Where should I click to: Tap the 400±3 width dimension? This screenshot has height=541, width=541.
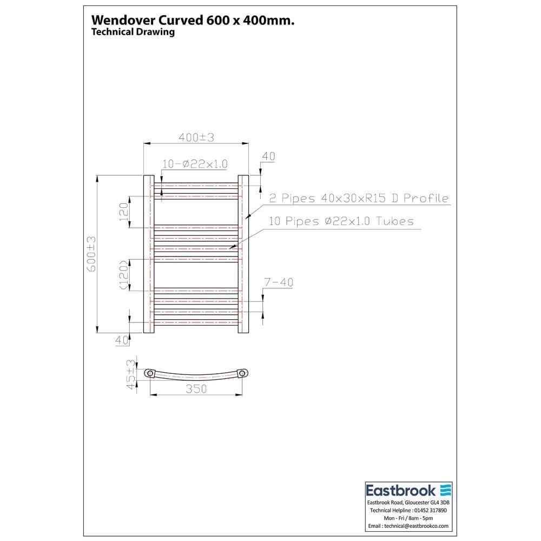(x=196, y=138)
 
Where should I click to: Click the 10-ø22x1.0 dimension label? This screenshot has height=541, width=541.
(x=195, y=164)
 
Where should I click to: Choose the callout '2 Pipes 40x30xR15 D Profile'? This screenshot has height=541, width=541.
(x=359, y=199)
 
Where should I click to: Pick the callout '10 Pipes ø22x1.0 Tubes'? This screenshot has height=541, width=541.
(x=341, y=221)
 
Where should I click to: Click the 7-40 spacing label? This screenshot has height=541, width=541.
(x=279, y=282)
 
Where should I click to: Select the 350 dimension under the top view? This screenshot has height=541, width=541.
(x=196, y=389)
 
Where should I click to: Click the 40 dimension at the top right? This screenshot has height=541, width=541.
(x=268, y=156)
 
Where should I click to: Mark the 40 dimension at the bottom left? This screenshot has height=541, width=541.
(x=121, y=340)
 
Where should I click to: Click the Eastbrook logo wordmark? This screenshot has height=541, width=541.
(x=401, y=491)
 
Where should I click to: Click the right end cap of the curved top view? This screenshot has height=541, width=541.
(x=243, y=373)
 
